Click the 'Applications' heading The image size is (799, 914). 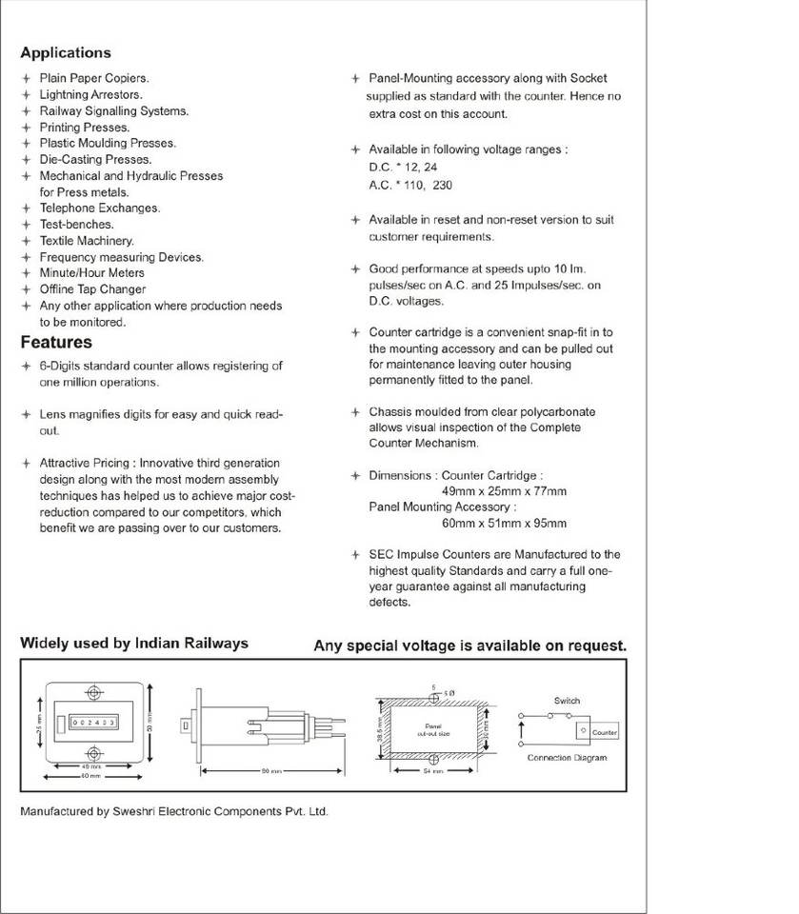point(65,53)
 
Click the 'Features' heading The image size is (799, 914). point(56,343)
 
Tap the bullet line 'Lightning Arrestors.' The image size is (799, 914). point(90,95)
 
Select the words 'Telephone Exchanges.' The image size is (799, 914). point(99,208)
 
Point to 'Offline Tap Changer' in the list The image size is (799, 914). point(92,289)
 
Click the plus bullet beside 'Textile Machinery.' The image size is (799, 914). point(27,241)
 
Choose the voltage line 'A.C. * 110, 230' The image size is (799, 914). point(410,186)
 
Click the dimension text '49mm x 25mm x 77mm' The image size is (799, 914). point(504,491)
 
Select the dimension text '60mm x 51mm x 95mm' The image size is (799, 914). point(504,524)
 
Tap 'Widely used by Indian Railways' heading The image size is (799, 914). point(134,644)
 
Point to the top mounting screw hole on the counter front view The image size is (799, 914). point(92,691)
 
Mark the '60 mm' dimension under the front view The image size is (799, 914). point(91,777)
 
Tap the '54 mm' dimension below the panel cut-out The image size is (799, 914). point(433,771)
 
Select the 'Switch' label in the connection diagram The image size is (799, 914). point(567,701)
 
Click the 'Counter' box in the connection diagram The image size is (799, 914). point(605,732)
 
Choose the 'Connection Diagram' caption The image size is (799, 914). point(567,758)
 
